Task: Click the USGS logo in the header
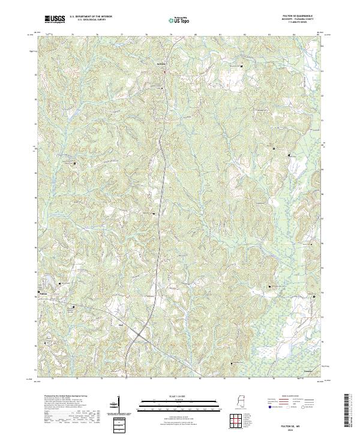(x=55, y=19)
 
